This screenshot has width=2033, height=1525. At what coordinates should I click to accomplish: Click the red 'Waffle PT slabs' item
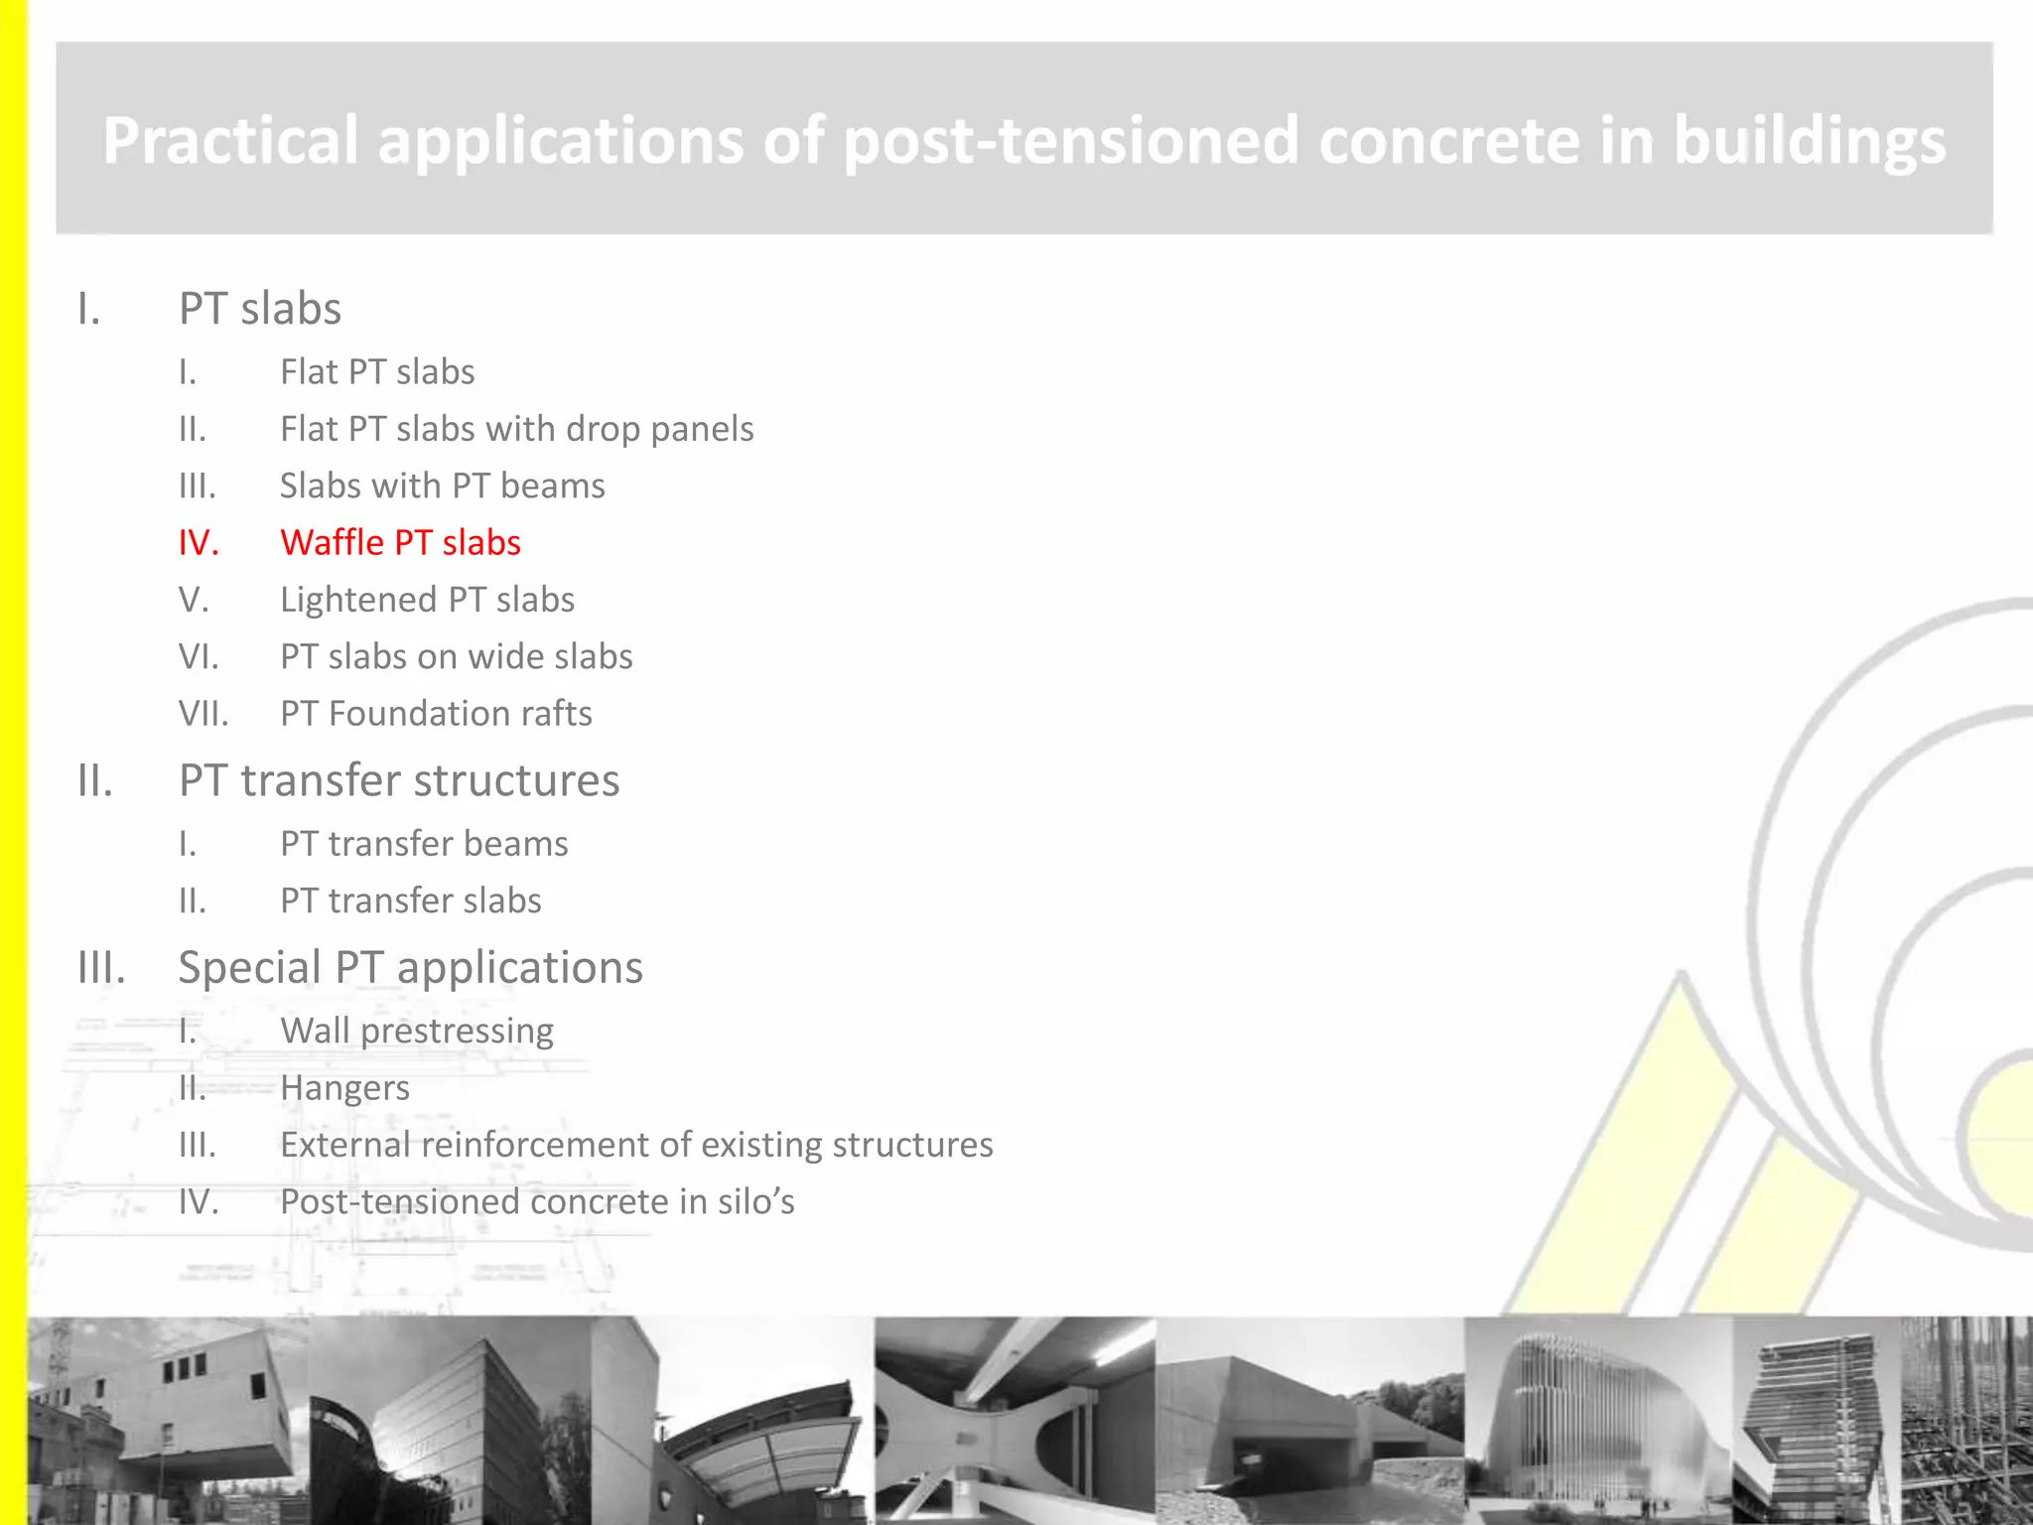tap(400, 543)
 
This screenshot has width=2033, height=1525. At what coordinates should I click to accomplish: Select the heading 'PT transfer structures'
tap(399, 780)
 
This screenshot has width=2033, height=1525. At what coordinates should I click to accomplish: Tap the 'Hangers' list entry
tap(344, 1088)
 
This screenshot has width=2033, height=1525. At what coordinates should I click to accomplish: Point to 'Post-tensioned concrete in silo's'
tap(537, 1202)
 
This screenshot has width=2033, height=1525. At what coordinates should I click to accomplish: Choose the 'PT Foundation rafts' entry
tap(436, 714)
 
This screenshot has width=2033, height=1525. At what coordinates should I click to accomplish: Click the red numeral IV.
tap(199, 543)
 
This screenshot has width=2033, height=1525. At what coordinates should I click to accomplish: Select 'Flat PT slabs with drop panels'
tap(516, 429)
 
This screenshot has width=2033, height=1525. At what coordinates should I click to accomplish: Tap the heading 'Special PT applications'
tap(410, 968)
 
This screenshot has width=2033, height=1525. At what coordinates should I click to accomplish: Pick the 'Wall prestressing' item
tap(417, 1032)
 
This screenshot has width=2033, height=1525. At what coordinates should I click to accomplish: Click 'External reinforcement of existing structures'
tap(636, 1145)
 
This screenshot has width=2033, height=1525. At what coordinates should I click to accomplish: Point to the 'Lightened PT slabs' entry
tap(427, 600)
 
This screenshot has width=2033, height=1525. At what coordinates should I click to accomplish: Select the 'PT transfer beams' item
tap(424, 844)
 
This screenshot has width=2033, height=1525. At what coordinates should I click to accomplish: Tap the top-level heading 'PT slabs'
tap(260, 309)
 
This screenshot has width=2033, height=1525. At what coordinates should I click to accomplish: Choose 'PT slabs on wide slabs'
tap(456, 657)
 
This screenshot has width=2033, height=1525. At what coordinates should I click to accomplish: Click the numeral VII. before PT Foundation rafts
tap(203, 714)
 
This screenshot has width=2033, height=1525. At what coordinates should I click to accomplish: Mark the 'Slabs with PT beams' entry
tap(442, 486)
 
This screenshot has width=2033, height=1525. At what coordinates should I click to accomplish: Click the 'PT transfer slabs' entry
tap(410, 901)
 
